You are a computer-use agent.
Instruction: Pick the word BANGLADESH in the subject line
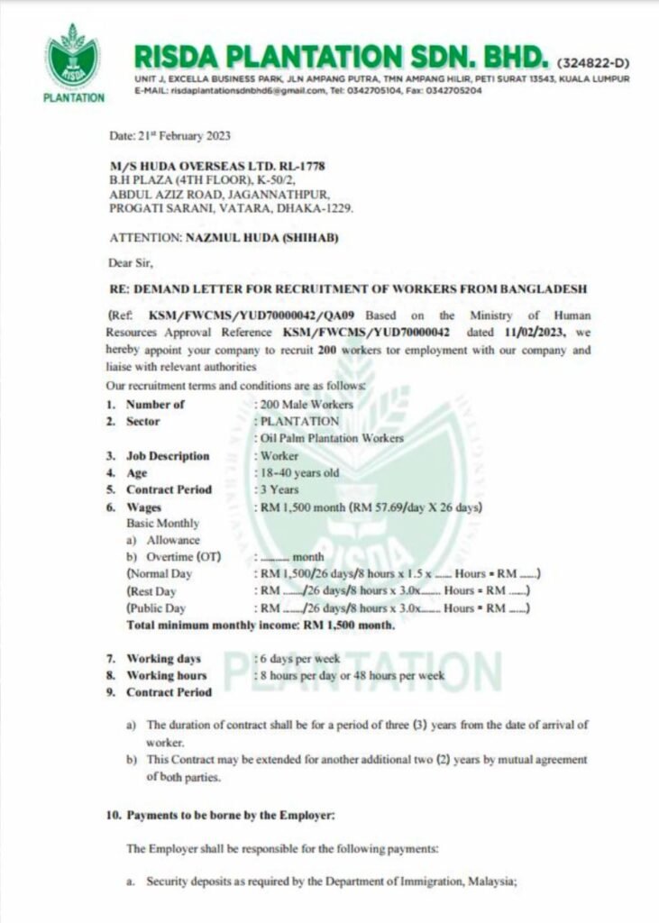(542, 288)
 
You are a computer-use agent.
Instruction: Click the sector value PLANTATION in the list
(299, 421)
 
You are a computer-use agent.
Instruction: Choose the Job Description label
(168, 456)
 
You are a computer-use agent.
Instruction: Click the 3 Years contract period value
(280, 489)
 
